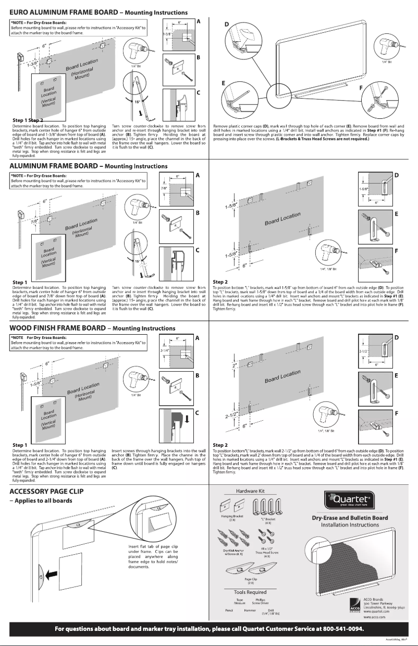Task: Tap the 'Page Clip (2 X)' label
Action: [251, 580]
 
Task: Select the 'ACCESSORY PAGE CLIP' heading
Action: [46, 491]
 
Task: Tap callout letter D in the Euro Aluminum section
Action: [226, 24]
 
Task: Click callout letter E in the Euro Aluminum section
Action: [223, 83]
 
